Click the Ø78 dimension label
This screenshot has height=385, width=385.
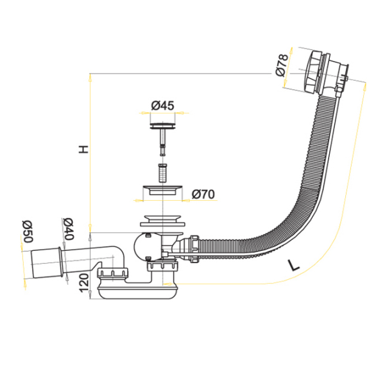pos(282,65)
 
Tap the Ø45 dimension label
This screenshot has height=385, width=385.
pos(162,106)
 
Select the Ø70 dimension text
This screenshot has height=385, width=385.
pos(203,194)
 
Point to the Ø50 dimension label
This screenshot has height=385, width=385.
pos(28,231)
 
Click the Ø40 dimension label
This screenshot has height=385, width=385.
pos(68,229)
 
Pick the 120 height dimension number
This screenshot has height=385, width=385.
pos(84,283)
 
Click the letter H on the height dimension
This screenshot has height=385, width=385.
pos(83,150)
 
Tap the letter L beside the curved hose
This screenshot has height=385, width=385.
pos(293,266)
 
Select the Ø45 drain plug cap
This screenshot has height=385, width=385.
pos(162,125)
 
